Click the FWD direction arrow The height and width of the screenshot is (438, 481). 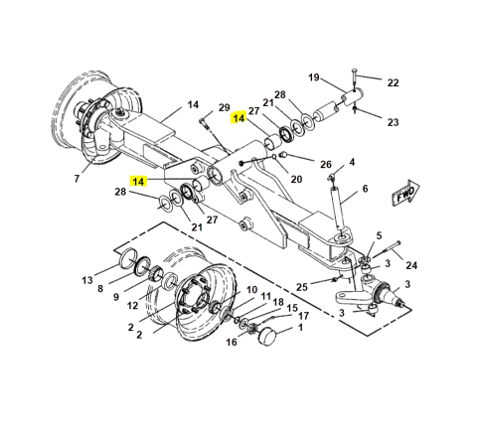click(x=405, y=193)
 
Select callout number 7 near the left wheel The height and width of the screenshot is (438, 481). click(x=77, y=179)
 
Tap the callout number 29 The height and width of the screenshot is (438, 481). click(x=225, y=107)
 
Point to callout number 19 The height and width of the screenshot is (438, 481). click(x=314, y=77)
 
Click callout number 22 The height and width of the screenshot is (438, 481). click(x=393, y=82)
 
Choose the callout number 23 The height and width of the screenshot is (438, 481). click(x=393, y=122)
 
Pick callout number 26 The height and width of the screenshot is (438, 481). click(x=326, y=164)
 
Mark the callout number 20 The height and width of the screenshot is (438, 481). click(x=296, y=179)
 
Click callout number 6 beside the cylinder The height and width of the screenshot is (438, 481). click(x=365, y=189)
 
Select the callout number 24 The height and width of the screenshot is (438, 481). click(x=411, y=265)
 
